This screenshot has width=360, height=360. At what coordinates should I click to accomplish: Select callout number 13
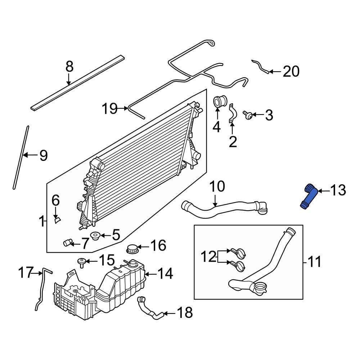337,190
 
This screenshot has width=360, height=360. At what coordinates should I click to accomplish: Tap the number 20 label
291,72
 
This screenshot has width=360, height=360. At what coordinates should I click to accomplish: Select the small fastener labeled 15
81,261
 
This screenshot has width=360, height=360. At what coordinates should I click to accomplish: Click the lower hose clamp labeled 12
239,266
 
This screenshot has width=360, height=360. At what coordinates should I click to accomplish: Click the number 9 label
43,156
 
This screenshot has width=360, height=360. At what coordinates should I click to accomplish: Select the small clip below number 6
57,219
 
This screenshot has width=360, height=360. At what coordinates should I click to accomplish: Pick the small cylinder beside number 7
68,243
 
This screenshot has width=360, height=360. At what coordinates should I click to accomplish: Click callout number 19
109,108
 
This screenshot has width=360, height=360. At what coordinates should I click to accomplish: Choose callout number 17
26,273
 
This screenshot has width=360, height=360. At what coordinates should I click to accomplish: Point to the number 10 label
217,186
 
